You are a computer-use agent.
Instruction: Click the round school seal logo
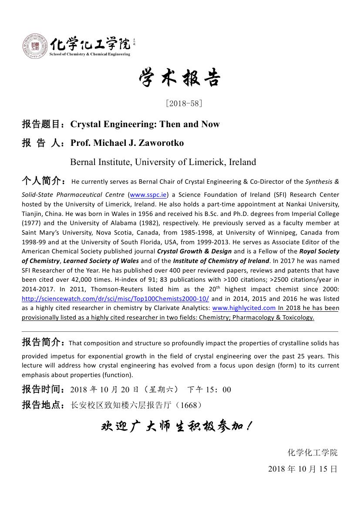(35, 47)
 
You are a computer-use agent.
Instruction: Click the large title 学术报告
(180, 78)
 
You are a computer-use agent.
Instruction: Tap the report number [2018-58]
(184, 103)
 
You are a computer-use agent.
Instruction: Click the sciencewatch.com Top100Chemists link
(115, 299)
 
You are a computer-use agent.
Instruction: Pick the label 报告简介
(44, 342)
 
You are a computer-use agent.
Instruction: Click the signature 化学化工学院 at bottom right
(312, 452)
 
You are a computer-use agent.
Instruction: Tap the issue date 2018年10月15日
(303, 469)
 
